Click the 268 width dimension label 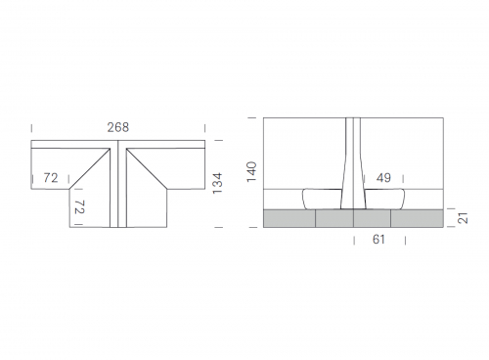click(118, 127)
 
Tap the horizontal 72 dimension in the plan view click(51, 178)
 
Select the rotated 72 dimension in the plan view click(79, 206)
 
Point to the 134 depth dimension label click(217, 183)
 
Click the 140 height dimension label click(251, 171)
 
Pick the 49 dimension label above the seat click(383, 178)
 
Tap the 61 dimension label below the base click(378, 240)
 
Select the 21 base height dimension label click(463, 218)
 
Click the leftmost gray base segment click(289, 218)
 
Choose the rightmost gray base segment click(417, 218)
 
